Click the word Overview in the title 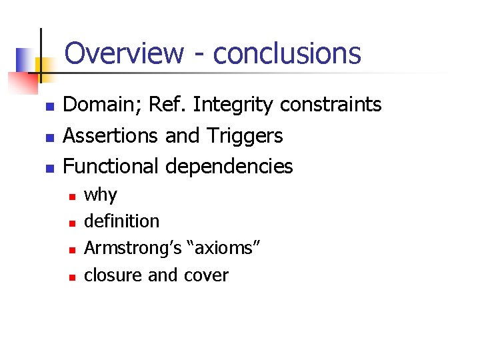tap(124, 53)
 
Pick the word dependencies tap(229, 167)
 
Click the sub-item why tap(101, 196)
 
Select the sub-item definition tap(122, 221)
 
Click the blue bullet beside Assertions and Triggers tap(48, 137)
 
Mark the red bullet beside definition tap(71, 223)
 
